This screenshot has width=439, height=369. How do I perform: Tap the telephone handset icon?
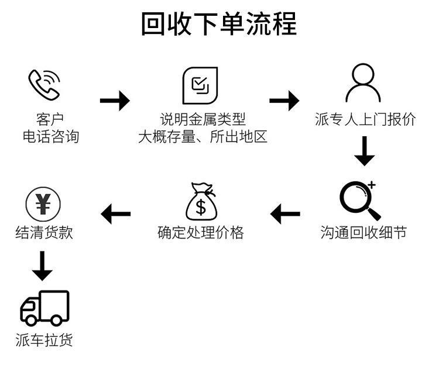(x=44, y=85)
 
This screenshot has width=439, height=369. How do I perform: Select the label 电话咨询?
(x=50, y=137)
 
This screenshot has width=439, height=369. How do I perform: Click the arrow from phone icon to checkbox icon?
(x=115, y=101)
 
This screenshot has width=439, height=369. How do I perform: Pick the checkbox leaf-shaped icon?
(x=200, y=85)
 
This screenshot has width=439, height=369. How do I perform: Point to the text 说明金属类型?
(x=203, y=120)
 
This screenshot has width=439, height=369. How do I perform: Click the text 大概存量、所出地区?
(x=203, y=137)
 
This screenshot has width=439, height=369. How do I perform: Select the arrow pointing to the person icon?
(x=284, y=101)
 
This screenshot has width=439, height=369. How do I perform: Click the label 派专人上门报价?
(x=365, y=120)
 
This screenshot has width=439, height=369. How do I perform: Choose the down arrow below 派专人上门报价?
(x=365, y=151)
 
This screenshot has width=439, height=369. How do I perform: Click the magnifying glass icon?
(x=359, y=200)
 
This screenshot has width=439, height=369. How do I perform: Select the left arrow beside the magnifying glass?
(x=285, y=213)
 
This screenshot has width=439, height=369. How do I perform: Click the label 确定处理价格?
(x=201, y=232)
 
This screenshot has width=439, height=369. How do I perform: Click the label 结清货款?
(x=44, y=232)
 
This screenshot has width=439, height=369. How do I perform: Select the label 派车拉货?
(x=44, y=340)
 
